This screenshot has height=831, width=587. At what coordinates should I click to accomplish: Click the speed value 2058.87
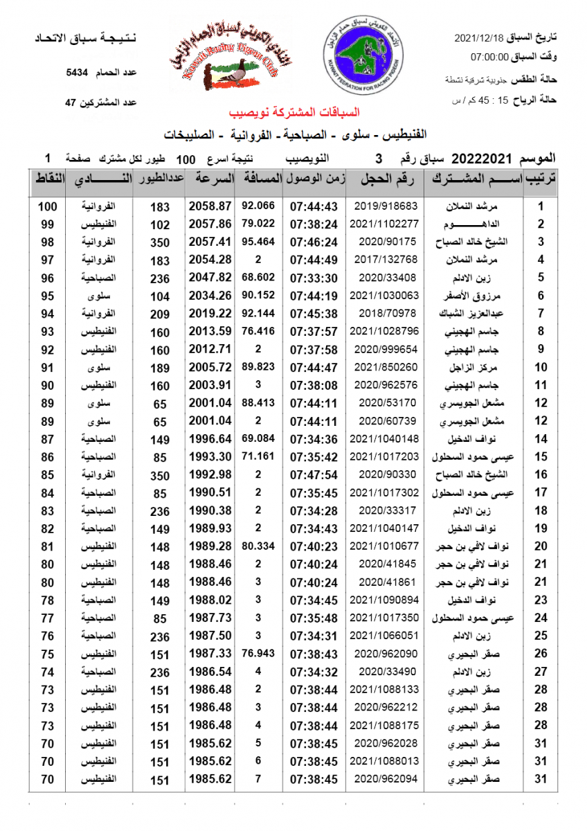[x=210, y=206]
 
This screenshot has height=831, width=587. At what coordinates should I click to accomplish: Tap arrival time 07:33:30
[x=314, y=278]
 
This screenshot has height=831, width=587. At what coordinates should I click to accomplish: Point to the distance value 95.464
[x=258, y=242]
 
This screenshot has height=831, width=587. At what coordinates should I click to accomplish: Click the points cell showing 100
[x=47, y=206]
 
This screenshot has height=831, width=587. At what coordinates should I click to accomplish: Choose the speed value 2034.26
[x=210, y=296]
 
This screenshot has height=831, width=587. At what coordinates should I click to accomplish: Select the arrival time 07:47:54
[x=314, y=475]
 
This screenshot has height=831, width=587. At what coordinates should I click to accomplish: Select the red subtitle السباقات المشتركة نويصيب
[x=295, y=112]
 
